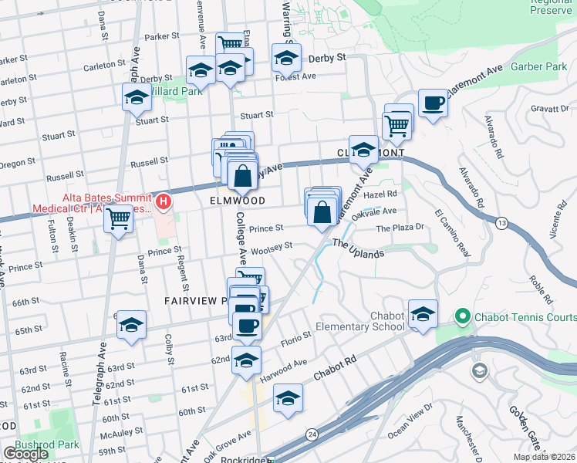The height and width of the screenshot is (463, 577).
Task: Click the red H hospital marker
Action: pos(164,203)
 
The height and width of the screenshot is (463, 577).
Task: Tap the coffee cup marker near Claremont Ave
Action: pos(433,103)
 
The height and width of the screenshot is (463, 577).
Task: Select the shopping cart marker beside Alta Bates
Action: pos(119,220)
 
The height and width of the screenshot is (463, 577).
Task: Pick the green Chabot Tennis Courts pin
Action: pos(462,316)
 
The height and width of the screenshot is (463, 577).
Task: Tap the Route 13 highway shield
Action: pos(501,223)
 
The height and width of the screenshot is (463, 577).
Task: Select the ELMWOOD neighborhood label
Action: pos(238,201)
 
